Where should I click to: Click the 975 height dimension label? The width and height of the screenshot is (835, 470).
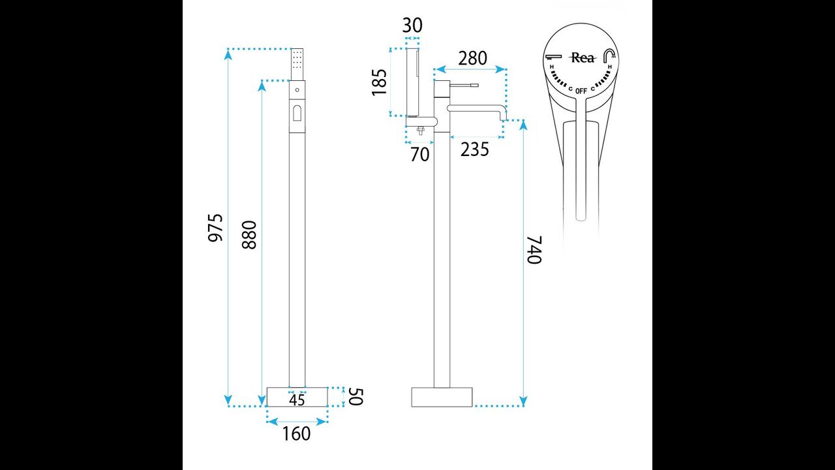pyautogui.click(x=215, y=228)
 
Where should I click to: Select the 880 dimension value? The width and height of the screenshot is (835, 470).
pyautogui.click(x=249, y=234)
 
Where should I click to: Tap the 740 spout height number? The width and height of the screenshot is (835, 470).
pyautogui.click(x=534, y=249)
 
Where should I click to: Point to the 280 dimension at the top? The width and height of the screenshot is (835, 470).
pyautogui.click(x=472, y=59)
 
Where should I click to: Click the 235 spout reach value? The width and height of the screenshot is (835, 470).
pyautogui.click(x=474, y=149)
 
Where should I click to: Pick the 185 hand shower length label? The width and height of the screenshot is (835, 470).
pyautogui.click(x=380, y=82)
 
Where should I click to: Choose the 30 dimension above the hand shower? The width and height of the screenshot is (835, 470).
pyautogui.click(x=412, y=25)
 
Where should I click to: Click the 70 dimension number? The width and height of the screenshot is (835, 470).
pyautogui.click(x=419, y=155)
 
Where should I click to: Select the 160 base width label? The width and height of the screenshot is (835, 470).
pyautogui.click(x=296, y=434)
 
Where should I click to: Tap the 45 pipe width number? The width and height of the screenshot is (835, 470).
pyautogui.click(x=297, y=400)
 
